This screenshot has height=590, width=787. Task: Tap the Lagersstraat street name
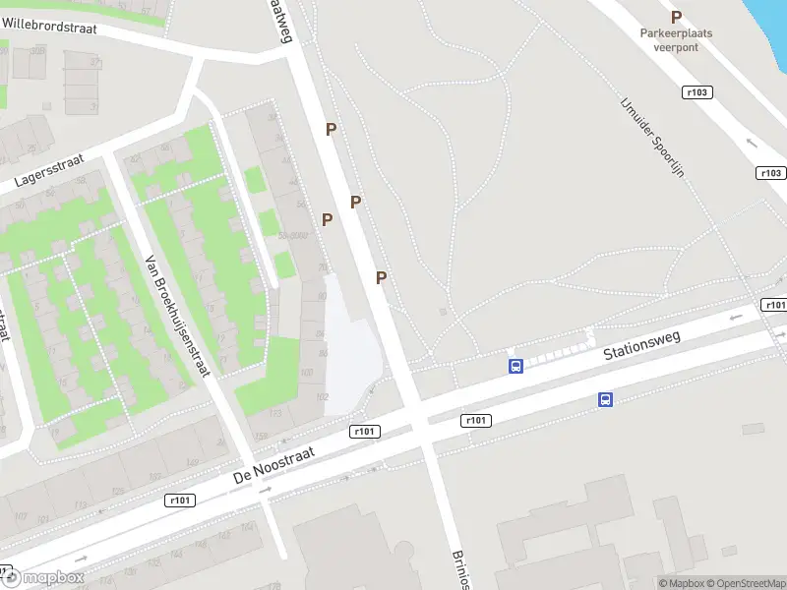[x=48, y=168]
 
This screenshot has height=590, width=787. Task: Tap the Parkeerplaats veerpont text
[x=676, y=39]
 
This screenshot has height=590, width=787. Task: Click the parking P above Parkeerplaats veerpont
[x=676, y=17]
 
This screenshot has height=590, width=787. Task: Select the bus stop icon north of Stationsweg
[x=515, y=367]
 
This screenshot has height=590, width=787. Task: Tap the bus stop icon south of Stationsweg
[x=606, y=399]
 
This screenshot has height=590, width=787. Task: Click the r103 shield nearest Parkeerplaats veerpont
[x=696, y=91]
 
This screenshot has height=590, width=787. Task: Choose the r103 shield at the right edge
[x=771, y=173]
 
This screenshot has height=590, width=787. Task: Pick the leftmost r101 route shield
[x=180, y=501]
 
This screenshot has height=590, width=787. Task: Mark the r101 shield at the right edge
[x=774, y=305]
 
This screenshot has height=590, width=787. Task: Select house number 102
[x=320, y=397]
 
